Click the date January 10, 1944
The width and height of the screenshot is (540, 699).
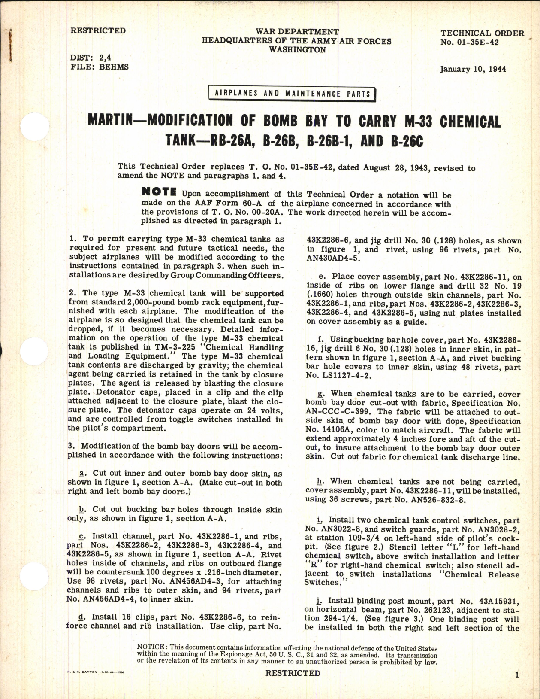[x=473, y=69]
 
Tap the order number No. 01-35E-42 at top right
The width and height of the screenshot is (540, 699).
[x=469, y=42]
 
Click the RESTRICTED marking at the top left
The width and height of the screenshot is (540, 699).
[x=98, y=31]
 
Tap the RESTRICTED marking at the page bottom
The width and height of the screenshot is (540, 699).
[x=293, y=673]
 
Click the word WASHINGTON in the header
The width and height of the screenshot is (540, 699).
[x=297, y=50]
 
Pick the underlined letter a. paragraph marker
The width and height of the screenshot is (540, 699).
[x=84, y=473]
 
